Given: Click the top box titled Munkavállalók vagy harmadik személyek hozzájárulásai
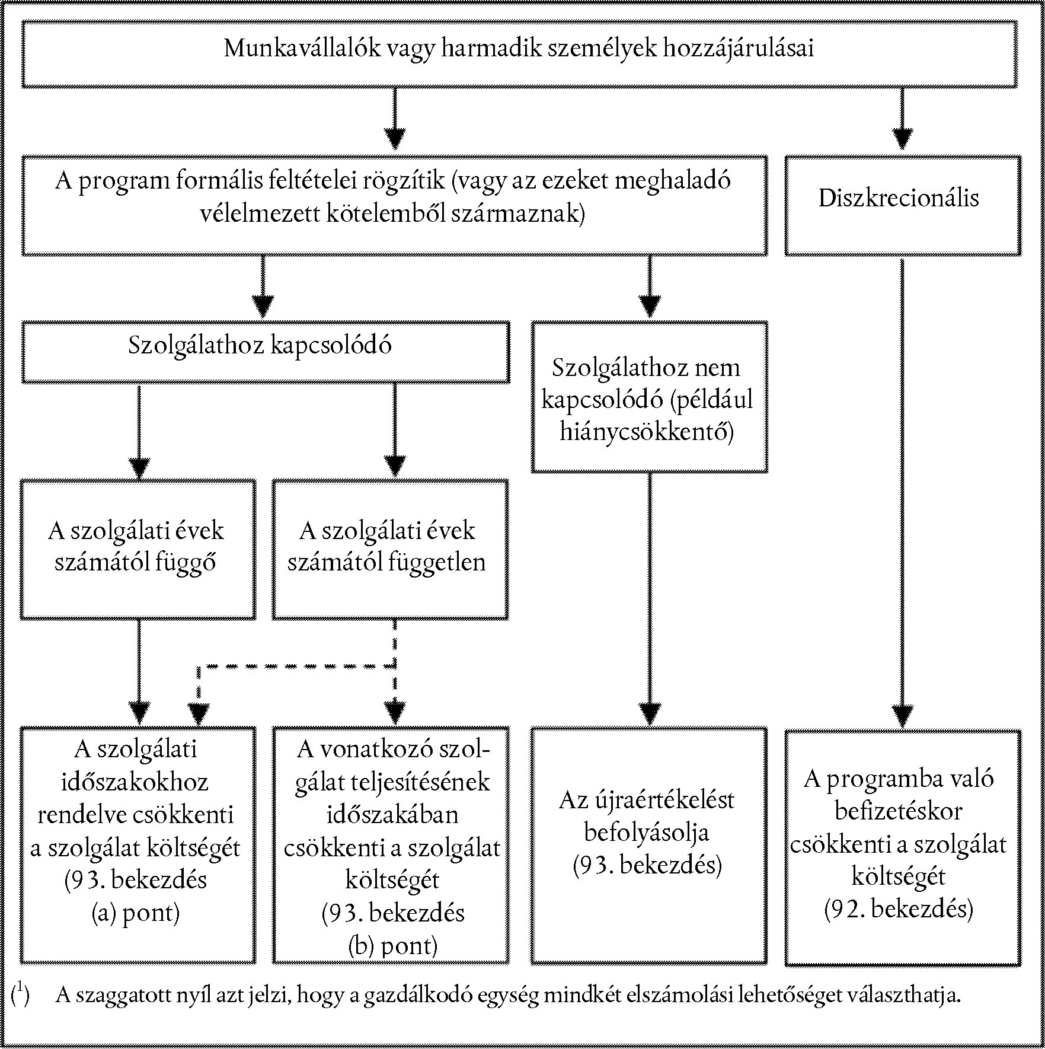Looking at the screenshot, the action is click(x=519, y=54).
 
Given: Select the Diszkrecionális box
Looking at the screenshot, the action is click(x=903, y=206).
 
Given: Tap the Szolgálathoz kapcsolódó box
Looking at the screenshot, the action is click(x=266, y=352).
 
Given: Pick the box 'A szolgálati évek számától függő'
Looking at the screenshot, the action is click(x=138, y=550).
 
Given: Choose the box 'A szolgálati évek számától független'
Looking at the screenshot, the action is click(x=391, y=550).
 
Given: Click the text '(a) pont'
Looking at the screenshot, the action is click(x=136, y=913).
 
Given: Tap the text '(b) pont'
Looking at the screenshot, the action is click(x=392, y=945).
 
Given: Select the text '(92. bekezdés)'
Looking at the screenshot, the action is click(x=899, y=908).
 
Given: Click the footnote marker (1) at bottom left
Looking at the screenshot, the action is click(x=20, y=993).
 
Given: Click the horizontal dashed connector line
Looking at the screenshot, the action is click(x=296, y=667).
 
